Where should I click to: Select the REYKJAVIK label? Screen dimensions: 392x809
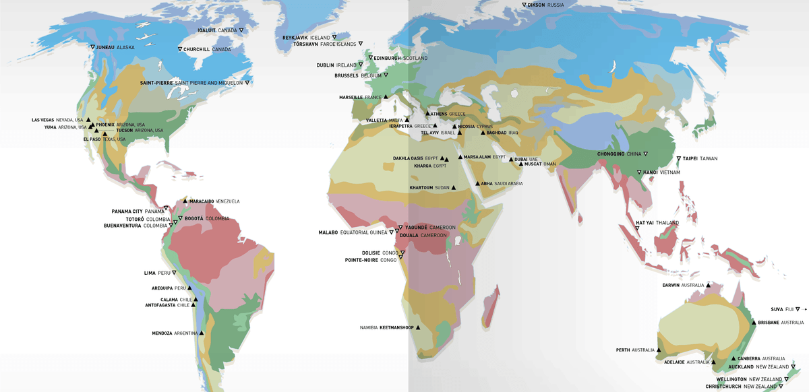295,38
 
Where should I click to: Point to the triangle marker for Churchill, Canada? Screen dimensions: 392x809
180,49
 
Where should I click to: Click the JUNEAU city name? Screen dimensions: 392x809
105,47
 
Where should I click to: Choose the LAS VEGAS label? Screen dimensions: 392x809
42,120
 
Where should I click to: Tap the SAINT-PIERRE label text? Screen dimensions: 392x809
156,82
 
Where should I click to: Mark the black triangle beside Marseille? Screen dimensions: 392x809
386,98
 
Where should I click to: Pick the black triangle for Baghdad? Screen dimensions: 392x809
482,133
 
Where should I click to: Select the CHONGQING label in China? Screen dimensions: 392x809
611,154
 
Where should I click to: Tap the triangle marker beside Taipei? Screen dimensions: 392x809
678,159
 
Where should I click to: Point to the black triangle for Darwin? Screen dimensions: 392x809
709,285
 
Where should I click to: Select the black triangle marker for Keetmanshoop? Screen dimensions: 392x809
418,327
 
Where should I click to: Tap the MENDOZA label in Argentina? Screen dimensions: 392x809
162,333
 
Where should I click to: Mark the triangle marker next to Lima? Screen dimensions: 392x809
174,273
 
